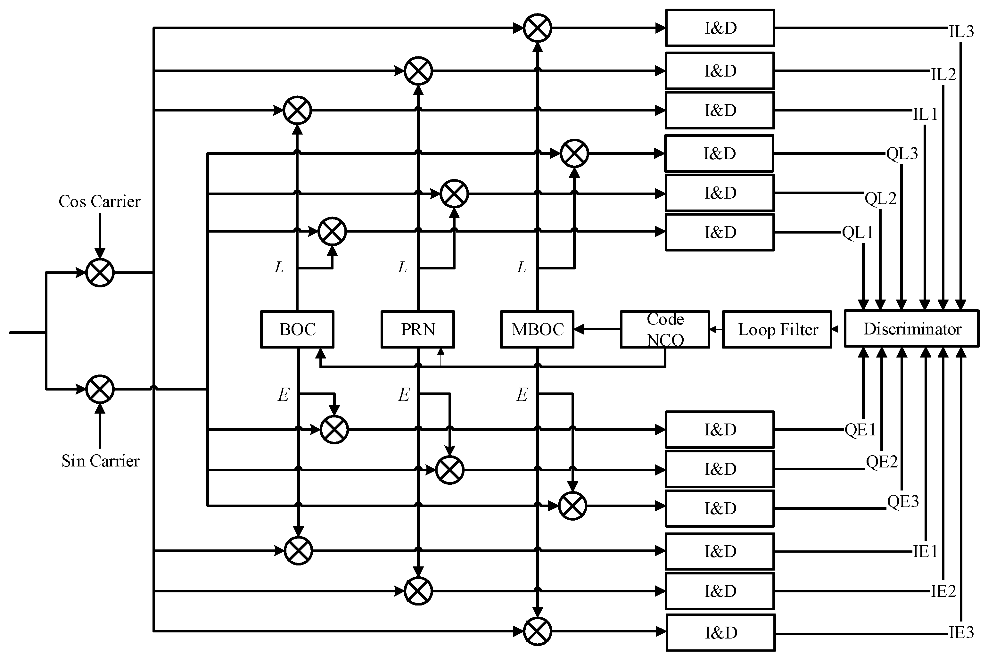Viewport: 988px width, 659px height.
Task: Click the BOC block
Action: (x=297, y=329)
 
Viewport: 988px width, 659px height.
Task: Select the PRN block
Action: (x=418, y=329)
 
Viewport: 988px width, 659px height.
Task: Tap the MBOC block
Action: (x=537, y=329)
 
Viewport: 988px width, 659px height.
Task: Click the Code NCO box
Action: (x=665, y=329)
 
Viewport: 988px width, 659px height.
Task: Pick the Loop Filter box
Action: (x=777, y=329)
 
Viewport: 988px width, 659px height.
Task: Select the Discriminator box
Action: (x=911, y=329)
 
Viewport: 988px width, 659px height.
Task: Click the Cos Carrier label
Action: (x=100, y=201)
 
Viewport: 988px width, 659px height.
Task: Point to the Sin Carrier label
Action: (x=101, y=461)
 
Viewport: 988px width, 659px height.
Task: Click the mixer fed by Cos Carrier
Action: (x=100, y=273)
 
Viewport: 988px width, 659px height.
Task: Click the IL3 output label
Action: (x=961, y=31)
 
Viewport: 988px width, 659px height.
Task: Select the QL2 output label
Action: (x=880, y=198)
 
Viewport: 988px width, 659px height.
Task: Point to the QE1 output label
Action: (x=860, y=430)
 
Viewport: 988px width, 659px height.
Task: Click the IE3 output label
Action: (x=961, y=632)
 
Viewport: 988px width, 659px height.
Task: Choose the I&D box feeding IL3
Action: (x=720, y=28)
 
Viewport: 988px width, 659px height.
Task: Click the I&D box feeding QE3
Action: (x=720, y=508)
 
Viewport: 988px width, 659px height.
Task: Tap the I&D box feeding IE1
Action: (x=720, y=551)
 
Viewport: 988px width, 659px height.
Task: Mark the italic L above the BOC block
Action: (x=279, y=267)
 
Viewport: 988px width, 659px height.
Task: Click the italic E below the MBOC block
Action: (x=522, y=395)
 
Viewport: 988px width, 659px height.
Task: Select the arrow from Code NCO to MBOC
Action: (x=597, y=329)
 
